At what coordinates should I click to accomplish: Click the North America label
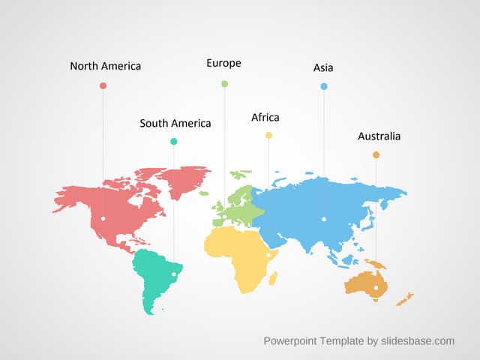click(x=105, y=66)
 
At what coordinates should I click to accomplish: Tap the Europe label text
click(x=223, y=63)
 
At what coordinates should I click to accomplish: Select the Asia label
click(x=323, y=68)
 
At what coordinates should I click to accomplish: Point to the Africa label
click(x=265, y=118)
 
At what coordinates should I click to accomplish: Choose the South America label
click(x=175, y=123)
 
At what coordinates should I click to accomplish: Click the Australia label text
click(x=379, y=136)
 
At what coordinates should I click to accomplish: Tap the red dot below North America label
click(x=103, y=85)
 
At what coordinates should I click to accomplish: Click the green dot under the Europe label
click(x=224, y=84)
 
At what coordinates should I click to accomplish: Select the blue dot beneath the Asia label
click(x=324, y=86)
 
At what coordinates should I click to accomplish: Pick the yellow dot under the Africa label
click(x=268, y=135)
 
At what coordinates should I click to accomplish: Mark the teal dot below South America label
click(x=174, y=141)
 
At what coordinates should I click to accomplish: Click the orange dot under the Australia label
click(x=376, y=154)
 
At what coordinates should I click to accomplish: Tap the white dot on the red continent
click(x=103, y=218)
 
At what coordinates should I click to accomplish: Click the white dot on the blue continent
click(x=324, y=219)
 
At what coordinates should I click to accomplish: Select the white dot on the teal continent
click(x=174, y=274)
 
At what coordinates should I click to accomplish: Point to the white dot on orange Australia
click(x=376, y=286)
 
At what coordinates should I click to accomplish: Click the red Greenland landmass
click(x=184, y=180)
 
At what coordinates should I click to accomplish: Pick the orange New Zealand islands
click(x=405, y=299)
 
